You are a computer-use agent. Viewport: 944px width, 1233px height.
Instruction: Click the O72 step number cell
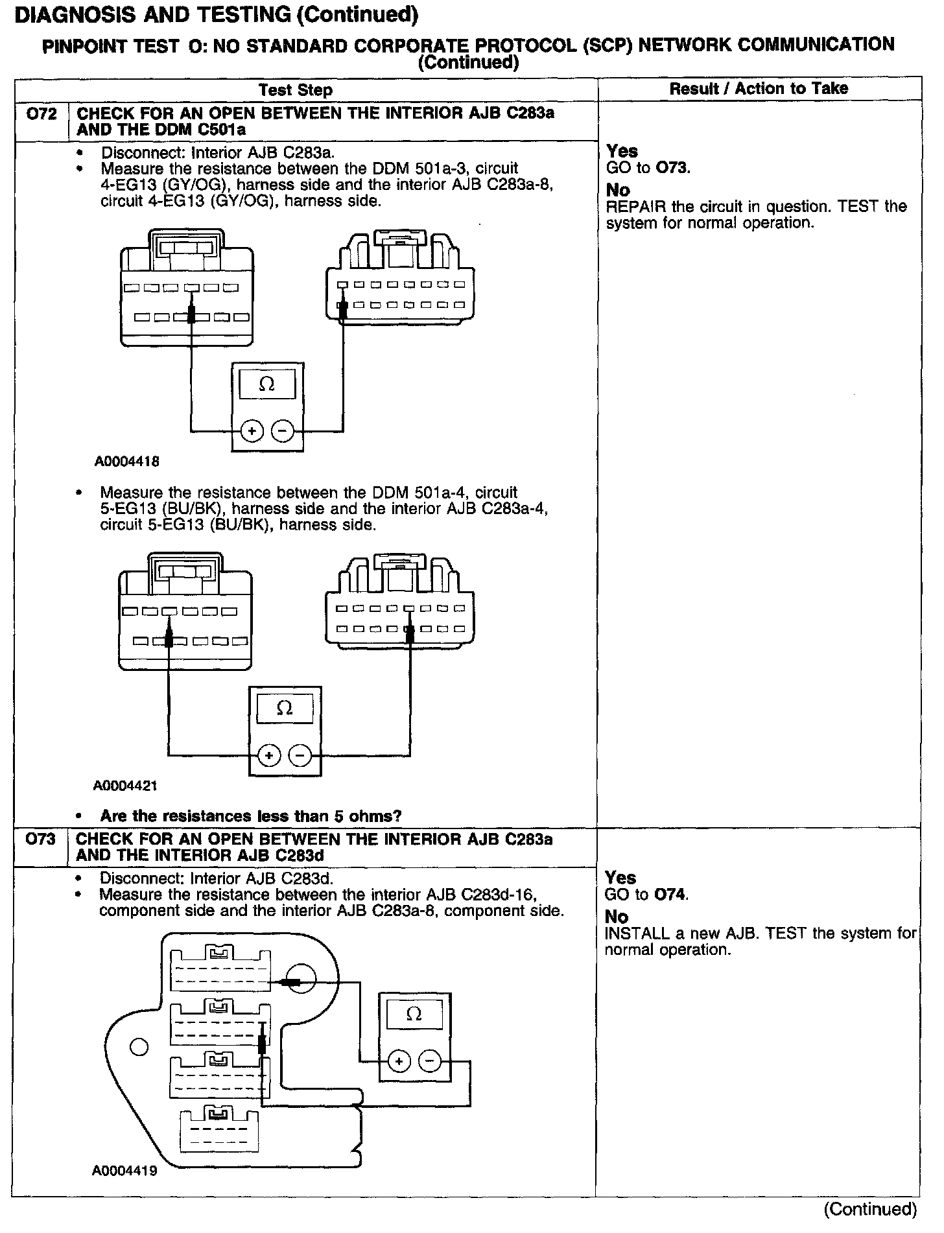40,115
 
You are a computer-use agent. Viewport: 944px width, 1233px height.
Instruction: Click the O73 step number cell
40,840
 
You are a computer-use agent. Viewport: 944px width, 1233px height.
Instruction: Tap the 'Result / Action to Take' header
759,89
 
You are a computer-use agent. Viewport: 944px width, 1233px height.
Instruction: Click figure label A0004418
127,462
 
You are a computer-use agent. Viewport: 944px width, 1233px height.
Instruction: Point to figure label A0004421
126,786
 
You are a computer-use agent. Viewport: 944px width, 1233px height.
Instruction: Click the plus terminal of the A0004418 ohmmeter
252,430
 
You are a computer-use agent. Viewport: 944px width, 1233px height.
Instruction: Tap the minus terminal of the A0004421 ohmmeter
300,755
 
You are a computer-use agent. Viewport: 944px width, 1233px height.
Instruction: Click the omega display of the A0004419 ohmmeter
414,1014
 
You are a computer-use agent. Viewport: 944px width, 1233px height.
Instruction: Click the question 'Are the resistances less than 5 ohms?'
251,816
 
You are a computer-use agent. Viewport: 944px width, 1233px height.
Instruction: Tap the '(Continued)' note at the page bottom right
869,1209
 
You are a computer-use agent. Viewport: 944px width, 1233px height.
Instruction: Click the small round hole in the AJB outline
139,1046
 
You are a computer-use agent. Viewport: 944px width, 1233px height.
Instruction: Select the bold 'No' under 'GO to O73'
618,190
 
